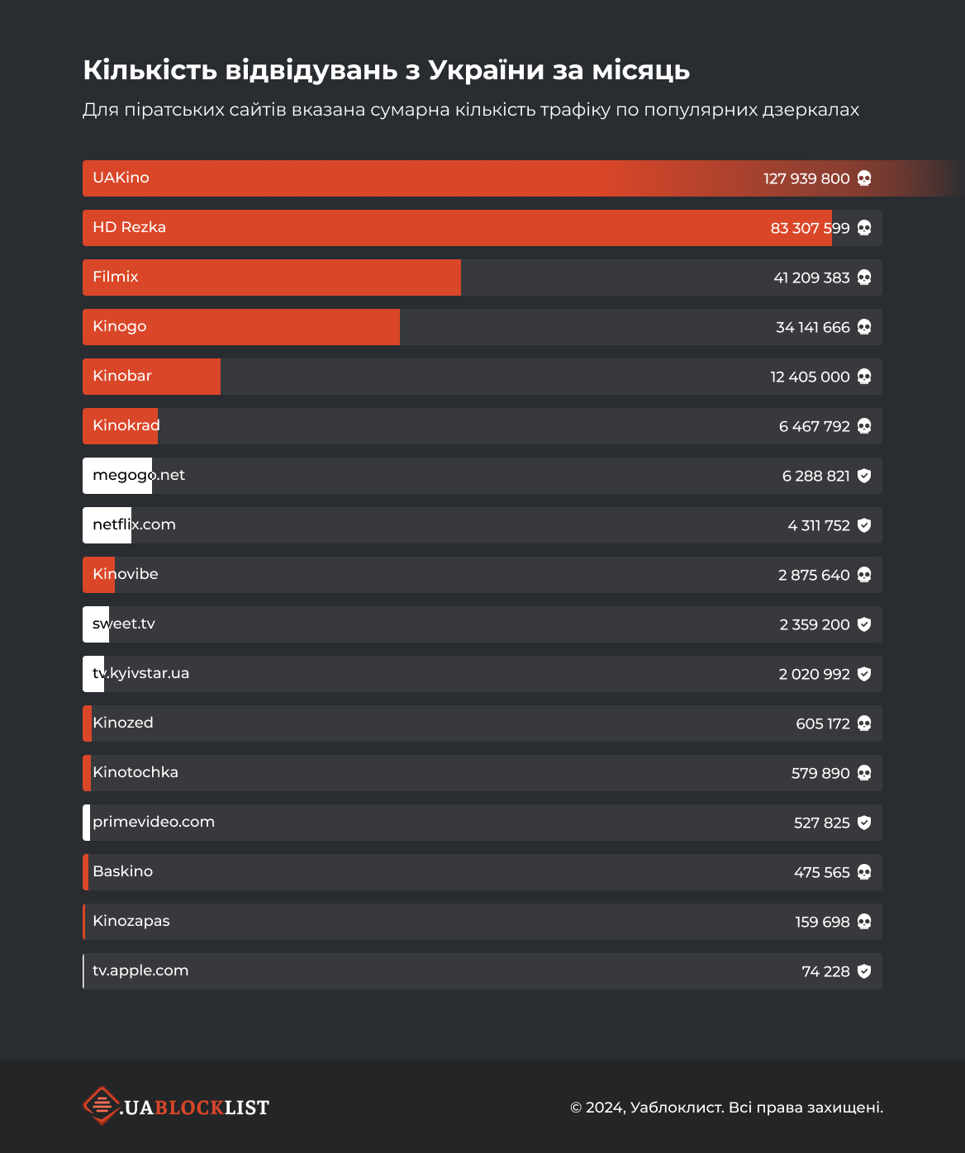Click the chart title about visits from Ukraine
pos(386,70)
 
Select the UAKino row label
pos(121,178)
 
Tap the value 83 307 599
pos(810,228)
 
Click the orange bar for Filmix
pos(272,278)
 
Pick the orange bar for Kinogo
pos(241,327)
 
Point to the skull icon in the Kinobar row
pos(864,377)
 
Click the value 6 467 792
pos(814,426)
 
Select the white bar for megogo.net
pos(117,476)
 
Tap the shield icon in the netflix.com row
pos(864,525)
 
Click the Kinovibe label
pos(126,574)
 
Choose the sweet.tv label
pos(124,624)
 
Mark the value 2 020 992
pos(814,674)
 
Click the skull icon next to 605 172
pos(864,724)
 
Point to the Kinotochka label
pos(135,772)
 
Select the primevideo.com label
pos(154,822)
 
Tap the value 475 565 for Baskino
pos(822,872)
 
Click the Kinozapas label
pos(131,921)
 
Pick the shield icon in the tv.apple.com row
pos(864,971)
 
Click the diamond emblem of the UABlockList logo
pos(102,1106)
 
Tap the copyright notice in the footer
pos(726,1108)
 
